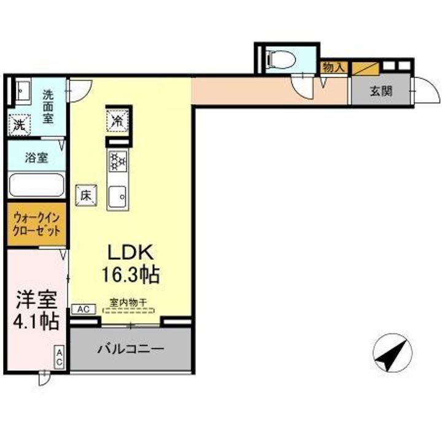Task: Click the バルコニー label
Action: (x=131, y=349)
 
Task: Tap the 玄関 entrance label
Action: (x=381, y=93)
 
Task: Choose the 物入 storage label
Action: (x=333, y=68)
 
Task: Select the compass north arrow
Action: (x=391, y=354)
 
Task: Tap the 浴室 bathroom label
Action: (x=36, y=157)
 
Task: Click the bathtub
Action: (x=36, y=185)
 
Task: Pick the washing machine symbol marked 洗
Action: (x=18, y=125)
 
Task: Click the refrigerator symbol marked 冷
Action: (x=117, y=120)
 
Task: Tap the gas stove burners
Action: (x=117, y=162)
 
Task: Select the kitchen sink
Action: (x=117, y=196)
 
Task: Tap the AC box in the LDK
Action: (x=83, y=310)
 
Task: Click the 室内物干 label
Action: (x=128, y=303)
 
